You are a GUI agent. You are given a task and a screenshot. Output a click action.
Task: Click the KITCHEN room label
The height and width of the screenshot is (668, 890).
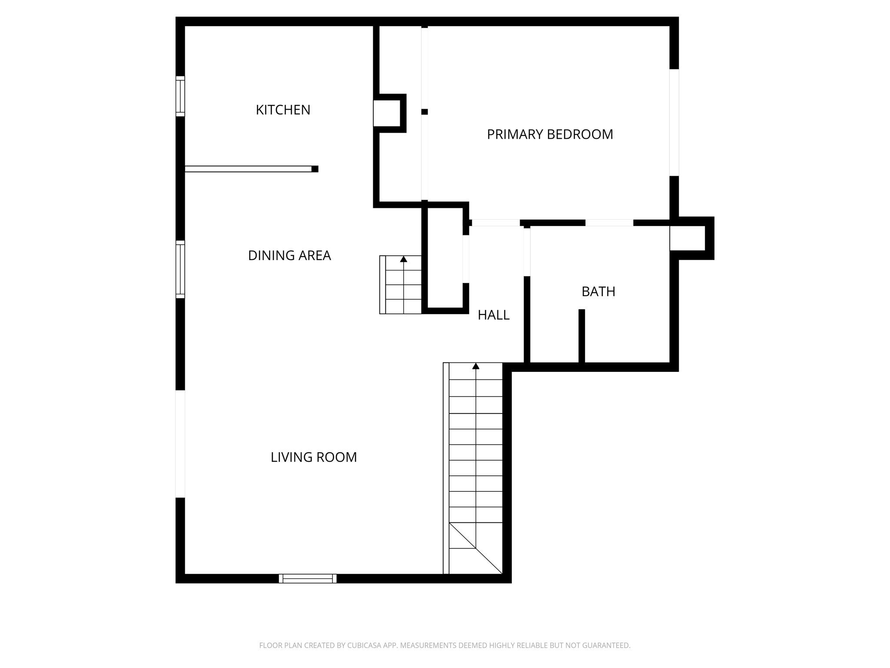(283, 110)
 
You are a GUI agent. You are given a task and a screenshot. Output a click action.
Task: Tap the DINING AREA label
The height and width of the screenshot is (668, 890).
(289, 255)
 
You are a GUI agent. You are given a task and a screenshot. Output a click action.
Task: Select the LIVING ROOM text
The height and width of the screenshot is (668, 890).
(313, 457)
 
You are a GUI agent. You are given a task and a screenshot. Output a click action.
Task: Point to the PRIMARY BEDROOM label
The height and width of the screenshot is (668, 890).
(550, 134)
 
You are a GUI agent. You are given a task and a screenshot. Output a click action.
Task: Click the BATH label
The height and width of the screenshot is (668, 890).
(598, 291)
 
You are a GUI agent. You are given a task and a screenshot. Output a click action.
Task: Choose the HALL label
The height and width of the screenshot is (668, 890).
(493, 315)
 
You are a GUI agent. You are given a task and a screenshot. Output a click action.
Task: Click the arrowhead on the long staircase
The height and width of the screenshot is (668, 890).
(476, 366)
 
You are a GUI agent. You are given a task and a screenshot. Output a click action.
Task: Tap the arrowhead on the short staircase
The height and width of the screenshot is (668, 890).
(404, 259)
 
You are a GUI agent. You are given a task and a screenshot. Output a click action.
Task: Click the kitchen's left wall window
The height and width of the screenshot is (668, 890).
(180, 96)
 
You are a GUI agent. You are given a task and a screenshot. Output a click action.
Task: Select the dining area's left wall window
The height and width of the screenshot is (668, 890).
(180, 269)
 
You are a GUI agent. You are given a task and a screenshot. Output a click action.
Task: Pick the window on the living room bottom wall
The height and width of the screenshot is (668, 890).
(308, 578)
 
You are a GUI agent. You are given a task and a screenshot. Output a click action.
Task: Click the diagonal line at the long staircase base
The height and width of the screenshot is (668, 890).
(476, 548)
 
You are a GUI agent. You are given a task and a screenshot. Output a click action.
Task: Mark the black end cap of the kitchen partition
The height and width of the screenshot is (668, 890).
(315, 169)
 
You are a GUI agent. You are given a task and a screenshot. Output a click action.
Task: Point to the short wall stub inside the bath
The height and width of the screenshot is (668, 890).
(581, 335)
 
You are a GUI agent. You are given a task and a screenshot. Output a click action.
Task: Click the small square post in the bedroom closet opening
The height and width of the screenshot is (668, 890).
(425, 112)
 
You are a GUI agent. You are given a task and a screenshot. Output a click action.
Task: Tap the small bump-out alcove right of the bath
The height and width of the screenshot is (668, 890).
(687, 238)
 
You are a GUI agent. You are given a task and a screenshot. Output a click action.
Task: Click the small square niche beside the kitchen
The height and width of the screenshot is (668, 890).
(386, 113)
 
